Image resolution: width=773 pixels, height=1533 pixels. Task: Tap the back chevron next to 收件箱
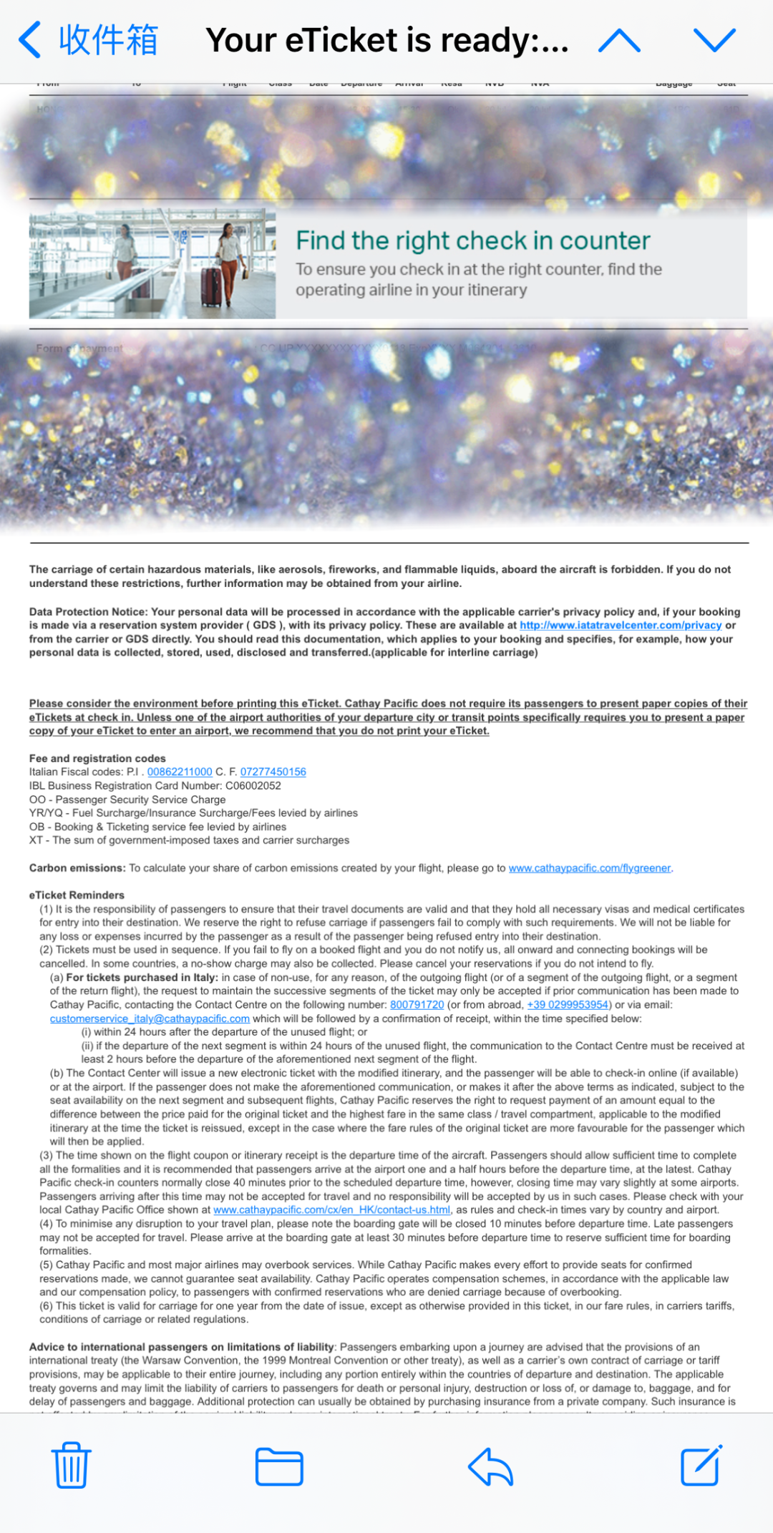tap(30, 39)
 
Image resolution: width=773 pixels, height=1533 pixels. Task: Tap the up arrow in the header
tap(619, 41)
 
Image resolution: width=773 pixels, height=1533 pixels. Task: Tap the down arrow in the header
tap(714, 41)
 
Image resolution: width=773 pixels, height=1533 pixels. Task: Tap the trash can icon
tap(71, 1466)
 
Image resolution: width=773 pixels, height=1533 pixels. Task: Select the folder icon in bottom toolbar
tap(279, 1466)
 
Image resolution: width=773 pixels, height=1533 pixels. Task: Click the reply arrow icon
tap(491, 1466)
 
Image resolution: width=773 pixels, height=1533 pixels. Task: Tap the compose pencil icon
tap(701, 1466)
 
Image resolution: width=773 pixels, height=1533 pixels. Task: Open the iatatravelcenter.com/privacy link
tap(620, 625)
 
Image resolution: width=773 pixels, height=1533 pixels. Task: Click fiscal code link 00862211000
tap(180, 772)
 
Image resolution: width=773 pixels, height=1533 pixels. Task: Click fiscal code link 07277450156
tap(273, 772)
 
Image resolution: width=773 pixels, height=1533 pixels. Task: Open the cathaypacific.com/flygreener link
tap(589, 867)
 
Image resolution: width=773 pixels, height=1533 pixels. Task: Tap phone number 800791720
tap(417, 1004)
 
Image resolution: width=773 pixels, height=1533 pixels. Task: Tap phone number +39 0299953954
tap(568, 1004)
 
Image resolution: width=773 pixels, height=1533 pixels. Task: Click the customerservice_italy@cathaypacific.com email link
tap(150, 1018)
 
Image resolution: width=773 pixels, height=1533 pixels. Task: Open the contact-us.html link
tap(331, 1210)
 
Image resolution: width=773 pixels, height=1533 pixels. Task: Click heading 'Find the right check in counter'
tap(472, 240)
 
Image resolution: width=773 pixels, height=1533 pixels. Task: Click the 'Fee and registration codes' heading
tap(97, 758)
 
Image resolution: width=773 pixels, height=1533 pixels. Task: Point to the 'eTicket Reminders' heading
tap(77, 895)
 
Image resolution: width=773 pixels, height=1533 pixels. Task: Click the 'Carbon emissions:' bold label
tap(77, 867)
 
